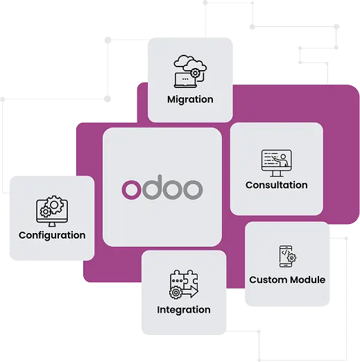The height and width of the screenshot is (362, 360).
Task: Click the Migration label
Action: [x=190, y=100]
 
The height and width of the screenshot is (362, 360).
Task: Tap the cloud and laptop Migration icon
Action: [x=190, y=71]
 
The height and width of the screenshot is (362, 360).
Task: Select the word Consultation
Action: [x=277, y=185]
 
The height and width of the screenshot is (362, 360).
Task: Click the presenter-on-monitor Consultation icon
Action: [x=277, y=163]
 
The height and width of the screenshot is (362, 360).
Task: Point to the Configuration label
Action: [x=52, y=235]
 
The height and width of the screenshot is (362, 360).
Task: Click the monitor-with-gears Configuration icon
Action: [x=52, y=211]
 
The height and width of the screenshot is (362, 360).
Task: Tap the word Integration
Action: [x=184, y=310]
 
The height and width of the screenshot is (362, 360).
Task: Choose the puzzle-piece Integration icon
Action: [x=184, y=284]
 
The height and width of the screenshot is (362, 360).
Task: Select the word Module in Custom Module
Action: [x=308, y=279]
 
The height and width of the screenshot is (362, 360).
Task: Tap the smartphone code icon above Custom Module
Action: [x=288, y=256]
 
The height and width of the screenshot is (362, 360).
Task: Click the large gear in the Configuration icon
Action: [x=54, y=205]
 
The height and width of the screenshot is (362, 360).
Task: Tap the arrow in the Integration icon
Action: [x=190, y=292]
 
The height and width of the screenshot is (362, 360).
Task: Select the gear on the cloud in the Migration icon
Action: [x=195, y=74]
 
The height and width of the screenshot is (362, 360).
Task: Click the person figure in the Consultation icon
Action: [x=282, y=160]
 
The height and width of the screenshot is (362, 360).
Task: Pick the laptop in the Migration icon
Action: [x=185, y=80]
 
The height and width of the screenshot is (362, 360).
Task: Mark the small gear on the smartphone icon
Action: [x=292, y=257]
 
